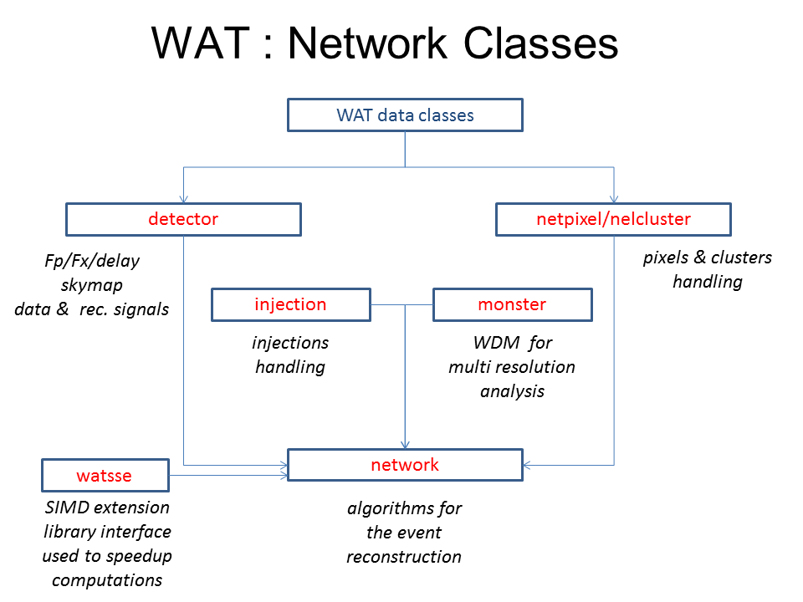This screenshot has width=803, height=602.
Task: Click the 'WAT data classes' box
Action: pos(405,115)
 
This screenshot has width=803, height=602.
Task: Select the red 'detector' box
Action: pos(183,220)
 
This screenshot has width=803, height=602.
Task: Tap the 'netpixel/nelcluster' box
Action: pos(613,220)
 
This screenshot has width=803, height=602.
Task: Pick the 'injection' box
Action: pos(290,304)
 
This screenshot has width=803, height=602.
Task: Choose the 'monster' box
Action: pos(512,304)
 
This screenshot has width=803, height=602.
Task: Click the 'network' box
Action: pos(405,465)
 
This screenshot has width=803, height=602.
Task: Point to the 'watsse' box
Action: pos(105,476)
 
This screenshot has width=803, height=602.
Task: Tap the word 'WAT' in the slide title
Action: pos(199,43)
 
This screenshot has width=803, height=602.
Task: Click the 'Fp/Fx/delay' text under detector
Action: pos(92,261)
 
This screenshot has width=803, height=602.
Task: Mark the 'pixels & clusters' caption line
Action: pos(708,258)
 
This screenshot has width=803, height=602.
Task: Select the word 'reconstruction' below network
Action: pos(404,557)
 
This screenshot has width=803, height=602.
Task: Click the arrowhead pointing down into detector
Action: pos(183,200)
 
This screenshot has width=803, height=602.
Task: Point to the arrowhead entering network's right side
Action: pos(527,465)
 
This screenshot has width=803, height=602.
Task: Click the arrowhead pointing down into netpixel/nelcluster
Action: pos(614,200)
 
